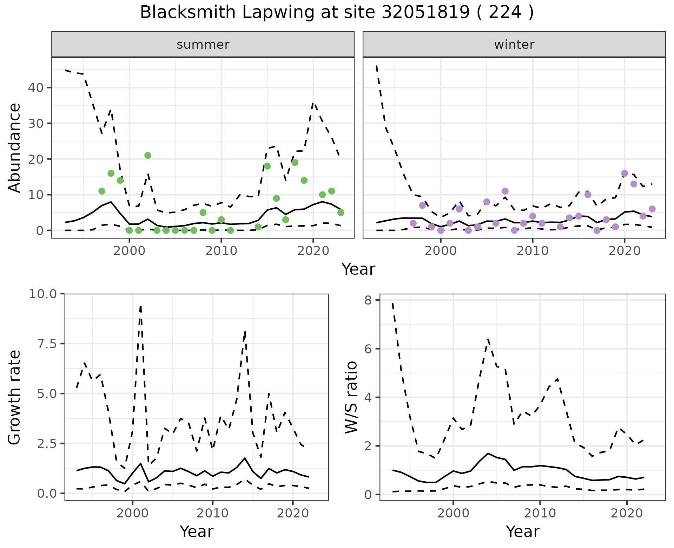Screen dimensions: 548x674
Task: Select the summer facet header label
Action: coord(203,45)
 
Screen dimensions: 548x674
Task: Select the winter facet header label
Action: coord(514,45)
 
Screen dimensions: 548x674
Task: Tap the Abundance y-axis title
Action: coord(15,148)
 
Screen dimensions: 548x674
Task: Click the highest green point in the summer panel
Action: coord(148,155)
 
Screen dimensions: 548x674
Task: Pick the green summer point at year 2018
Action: coord(295,162)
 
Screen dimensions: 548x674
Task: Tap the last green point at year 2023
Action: coord(341,213)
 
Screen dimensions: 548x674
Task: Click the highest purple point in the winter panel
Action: coord(625,173)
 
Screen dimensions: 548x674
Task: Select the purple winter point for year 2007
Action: coord(505,191)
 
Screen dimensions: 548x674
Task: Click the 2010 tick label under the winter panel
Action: coord(533,251)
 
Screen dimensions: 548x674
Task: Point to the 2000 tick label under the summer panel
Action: coord(130,251)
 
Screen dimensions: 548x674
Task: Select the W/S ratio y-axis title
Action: coord(351,397)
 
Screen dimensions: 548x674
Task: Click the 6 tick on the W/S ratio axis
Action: coord(368,349)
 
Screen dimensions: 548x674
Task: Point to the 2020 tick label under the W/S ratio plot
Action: coord(627,514)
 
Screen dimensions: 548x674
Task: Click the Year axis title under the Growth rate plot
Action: coord(196,531)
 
